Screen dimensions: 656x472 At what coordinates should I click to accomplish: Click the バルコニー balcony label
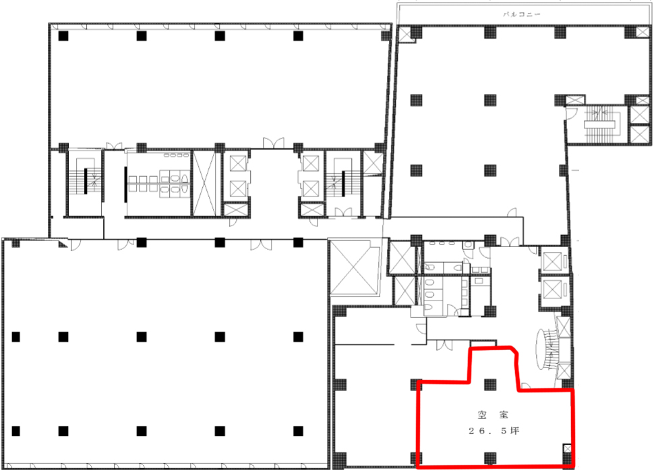point(522,14)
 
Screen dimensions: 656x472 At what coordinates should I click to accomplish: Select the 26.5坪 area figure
point(494,431)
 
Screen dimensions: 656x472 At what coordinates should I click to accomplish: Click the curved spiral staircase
point(547,350)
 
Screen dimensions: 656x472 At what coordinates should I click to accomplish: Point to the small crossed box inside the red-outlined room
point(567,449)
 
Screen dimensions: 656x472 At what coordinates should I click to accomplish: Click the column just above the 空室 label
point(490,384)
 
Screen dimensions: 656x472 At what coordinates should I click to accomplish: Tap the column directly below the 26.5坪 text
point(490,458)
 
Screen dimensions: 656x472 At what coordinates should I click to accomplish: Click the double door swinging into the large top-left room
point(273,143)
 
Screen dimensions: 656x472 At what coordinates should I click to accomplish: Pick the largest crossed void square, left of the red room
point(354,267)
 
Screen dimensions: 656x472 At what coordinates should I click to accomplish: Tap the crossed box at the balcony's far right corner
point(643,32)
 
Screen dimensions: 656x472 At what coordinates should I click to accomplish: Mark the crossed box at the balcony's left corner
point(405,34)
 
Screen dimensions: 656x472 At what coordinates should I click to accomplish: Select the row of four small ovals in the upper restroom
point(176,155)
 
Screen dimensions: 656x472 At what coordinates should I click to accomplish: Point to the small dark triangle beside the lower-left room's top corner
point(62,243)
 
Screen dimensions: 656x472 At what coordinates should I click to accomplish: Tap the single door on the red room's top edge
point(525,386)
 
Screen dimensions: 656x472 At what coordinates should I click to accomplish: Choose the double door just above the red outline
point(444,345)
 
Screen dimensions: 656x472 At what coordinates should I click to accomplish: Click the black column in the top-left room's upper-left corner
point(63,36)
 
